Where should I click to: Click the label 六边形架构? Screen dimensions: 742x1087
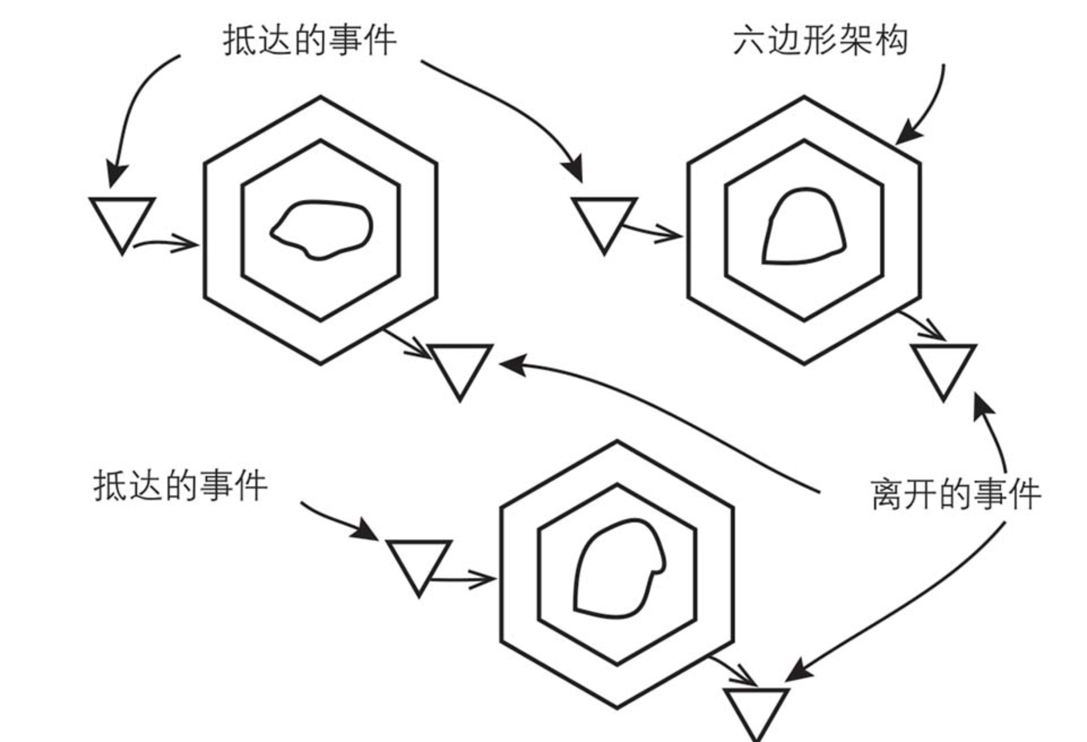pos(820,41)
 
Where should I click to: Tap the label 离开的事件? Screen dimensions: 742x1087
pos(955,494)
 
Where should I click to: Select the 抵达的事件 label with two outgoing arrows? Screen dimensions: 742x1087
pos(310,41)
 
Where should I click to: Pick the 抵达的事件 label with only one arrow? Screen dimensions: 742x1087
pos(180,486)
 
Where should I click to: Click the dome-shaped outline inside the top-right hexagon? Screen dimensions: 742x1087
pos(804,229)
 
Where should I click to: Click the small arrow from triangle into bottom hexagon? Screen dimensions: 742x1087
pos(464,580)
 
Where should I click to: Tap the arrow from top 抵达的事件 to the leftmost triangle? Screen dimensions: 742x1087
pos(130,107)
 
